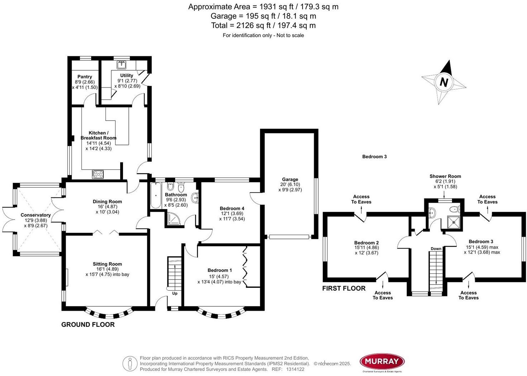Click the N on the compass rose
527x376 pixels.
(444, 82)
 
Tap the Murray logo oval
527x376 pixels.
(382, 361)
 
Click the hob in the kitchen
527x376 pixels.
(98, 174)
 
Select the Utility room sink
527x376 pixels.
(122, 65)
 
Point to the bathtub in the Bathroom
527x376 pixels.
(156, 196)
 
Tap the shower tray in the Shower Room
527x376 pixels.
(454, 222)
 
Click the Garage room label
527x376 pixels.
(290, 179)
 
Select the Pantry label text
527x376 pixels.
(85, 76)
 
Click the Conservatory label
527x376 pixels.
(36, 215)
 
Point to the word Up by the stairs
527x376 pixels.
(175, 293)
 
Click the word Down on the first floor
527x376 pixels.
(436, 249)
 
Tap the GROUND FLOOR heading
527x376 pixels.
(88, 324)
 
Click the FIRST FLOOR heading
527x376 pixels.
(344, 288)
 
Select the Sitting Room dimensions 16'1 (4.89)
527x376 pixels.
(107, 269)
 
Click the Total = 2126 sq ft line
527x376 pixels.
(263, 25)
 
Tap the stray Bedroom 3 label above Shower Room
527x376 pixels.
(374, 156)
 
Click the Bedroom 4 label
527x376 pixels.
(232, 208)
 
